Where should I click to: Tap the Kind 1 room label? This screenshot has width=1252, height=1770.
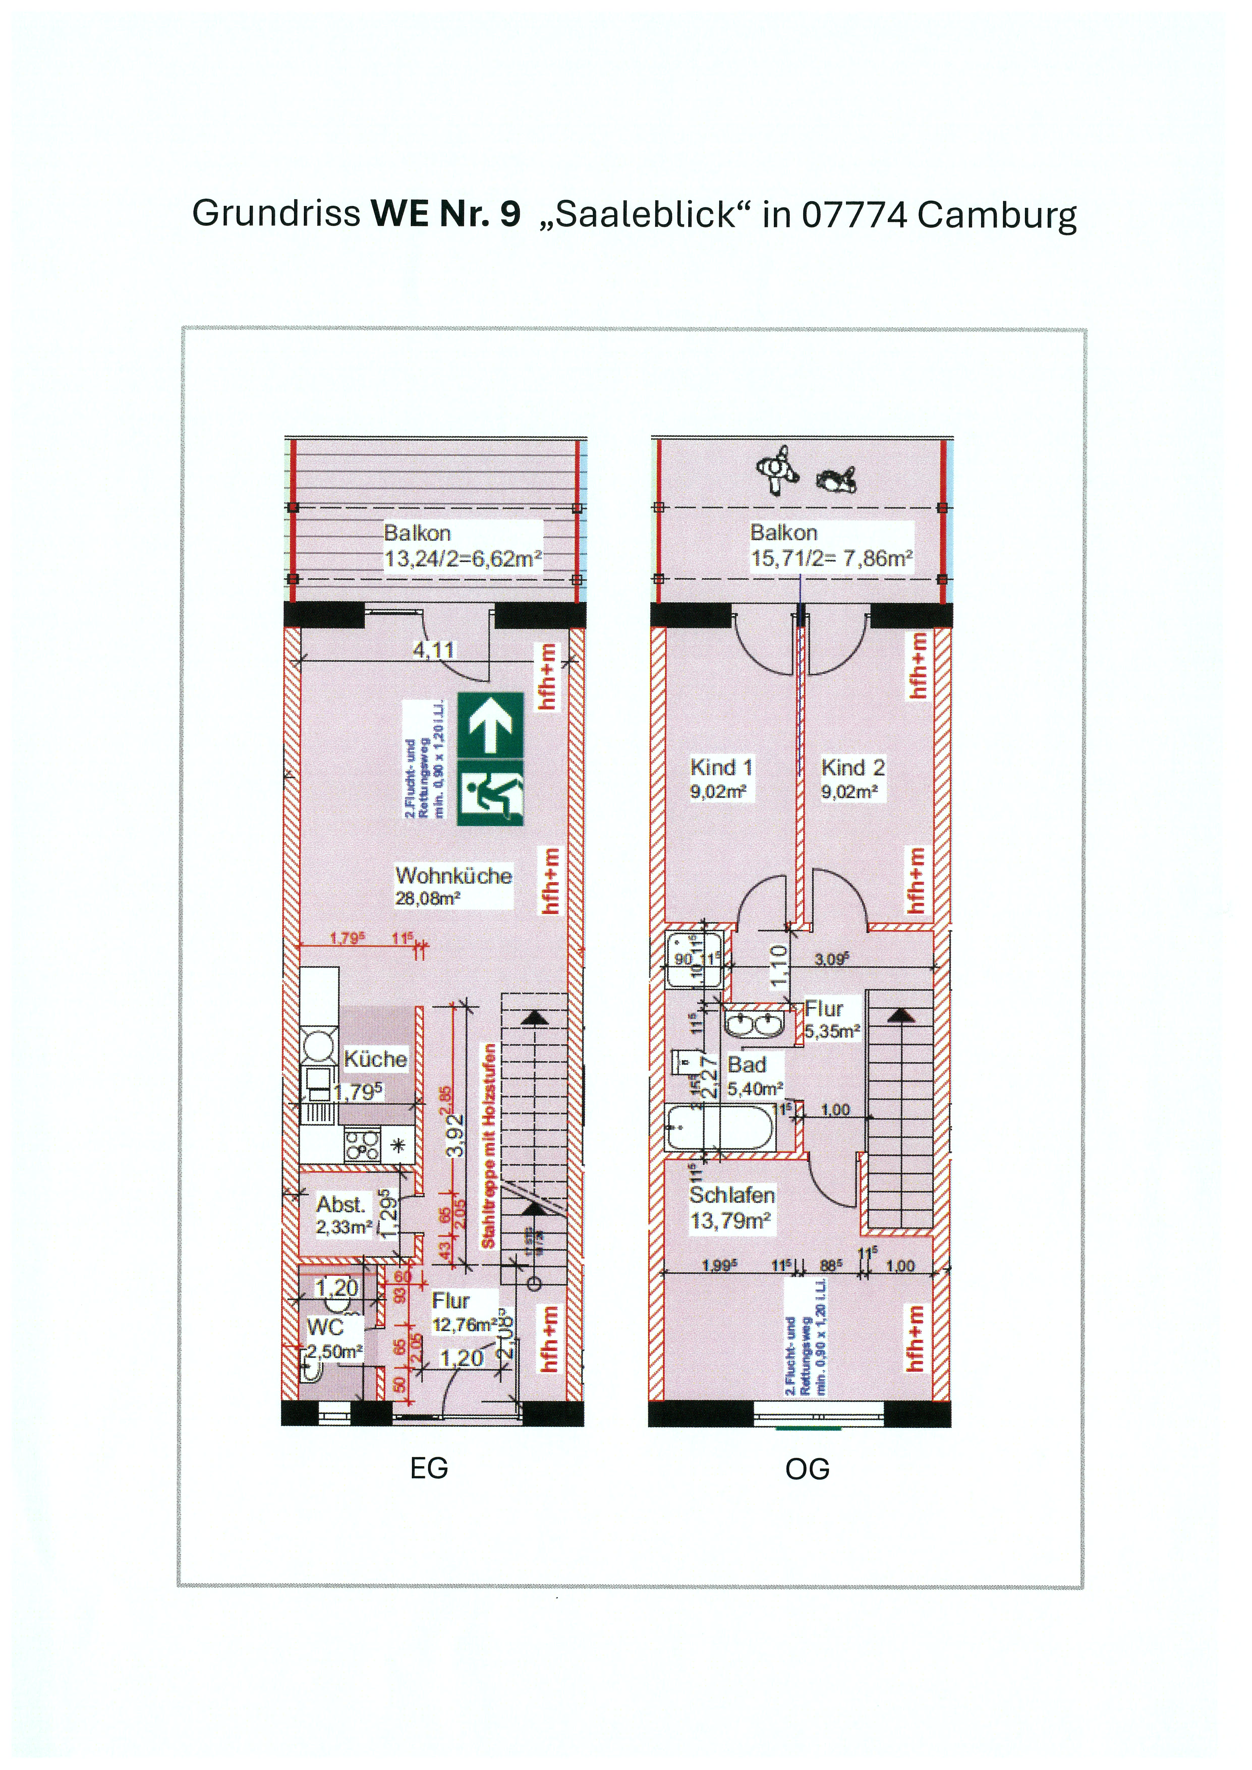click(721, 768)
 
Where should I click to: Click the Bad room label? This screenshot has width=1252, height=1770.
click(746, 1065)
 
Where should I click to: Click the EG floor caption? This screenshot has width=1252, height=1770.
click(429, 1469)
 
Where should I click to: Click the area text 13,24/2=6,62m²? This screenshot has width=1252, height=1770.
click(463, 559)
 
